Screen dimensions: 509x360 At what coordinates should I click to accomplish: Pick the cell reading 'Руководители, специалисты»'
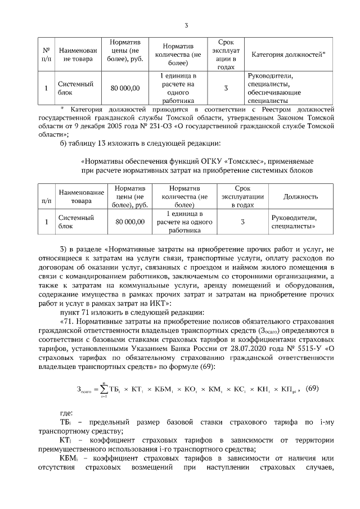click(294, 222)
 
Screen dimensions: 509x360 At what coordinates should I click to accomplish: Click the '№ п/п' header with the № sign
click(46, 55)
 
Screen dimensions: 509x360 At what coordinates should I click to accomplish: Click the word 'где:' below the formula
click(66, 413)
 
